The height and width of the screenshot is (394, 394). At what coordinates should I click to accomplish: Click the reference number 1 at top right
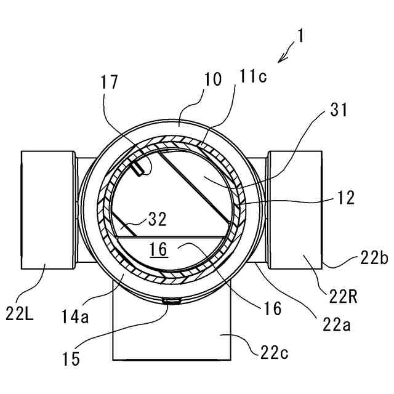[x=300, y=36]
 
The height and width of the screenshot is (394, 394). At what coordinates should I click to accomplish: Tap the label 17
[x=112, y=82]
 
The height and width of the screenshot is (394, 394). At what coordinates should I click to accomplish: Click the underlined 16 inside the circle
[x=158, y=249]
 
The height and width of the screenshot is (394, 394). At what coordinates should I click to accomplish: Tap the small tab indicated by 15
[x=171, y=301]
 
